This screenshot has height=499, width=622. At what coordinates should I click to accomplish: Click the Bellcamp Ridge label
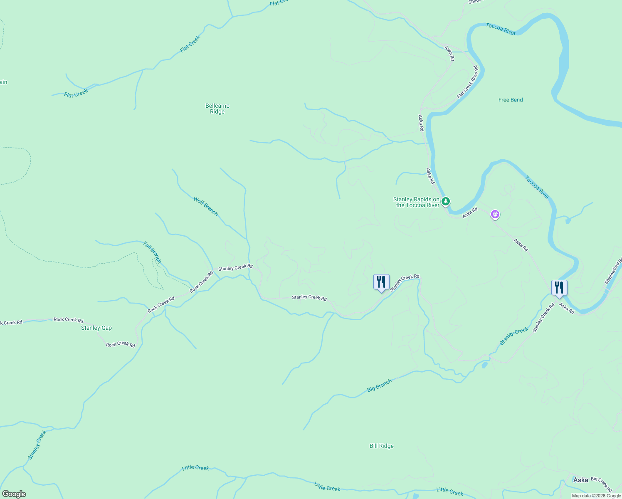click(x=217, y=109)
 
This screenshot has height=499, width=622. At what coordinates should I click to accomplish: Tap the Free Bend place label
click(x=511, y=100)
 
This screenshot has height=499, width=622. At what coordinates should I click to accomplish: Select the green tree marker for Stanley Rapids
click(x=446, y=202)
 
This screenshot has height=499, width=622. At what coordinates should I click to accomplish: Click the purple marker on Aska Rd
click(x=495, y=215)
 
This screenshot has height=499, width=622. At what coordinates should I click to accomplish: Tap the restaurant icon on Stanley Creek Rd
click(x=381, y=282)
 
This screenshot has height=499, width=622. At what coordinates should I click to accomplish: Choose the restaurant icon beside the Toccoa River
click(x=559, y=288)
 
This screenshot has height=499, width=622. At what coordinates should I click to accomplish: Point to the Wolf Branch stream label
click(x=205, y=206)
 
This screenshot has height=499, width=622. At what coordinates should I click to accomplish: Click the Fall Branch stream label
click(x=152, y=252)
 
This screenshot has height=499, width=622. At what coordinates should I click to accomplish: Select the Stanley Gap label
click(x=96, y=328)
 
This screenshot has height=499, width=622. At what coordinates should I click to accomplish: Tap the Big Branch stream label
click(x=379, y=385)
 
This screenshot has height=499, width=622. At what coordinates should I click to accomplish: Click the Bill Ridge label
click(x=381, y=446)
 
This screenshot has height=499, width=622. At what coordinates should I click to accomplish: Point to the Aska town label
click(x=580, y=480)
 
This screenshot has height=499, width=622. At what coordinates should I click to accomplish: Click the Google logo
click(x=14, y=494)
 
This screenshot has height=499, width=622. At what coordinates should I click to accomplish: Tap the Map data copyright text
click(x=596, y=496)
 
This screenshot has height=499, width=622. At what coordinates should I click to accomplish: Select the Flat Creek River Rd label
click(x=468, y=82)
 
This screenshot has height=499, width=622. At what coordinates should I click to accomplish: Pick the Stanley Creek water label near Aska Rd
click(x=514, y=336)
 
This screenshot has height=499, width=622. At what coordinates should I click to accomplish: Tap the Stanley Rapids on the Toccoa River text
click(x=416, y=202)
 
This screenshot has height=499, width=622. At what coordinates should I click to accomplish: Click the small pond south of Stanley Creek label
click(x=484, y=365)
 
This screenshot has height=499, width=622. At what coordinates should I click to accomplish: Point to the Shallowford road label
click(x=614, y=272)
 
